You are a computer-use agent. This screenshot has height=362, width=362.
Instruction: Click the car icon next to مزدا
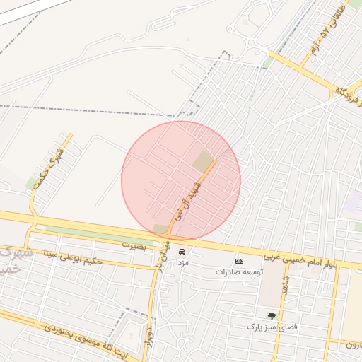pyautogui.click(x=182, y=251)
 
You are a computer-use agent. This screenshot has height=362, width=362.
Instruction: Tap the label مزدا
pyautogui.click(x=182, y=262)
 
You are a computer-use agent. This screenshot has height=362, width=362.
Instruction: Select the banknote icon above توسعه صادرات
pyautogui.click(x=238, y=261)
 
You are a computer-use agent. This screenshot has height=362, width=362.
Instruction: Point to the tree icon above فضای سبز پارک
pyautogui.click(x=271, y=316)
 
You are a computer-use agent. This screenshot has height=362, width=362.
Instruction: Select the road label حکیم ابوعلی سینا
pyautogui.click(x=73, y=257)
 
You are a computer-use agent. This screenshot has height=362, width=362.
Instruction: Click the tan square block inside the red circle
pyautogui.click(x=204, y=161)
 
